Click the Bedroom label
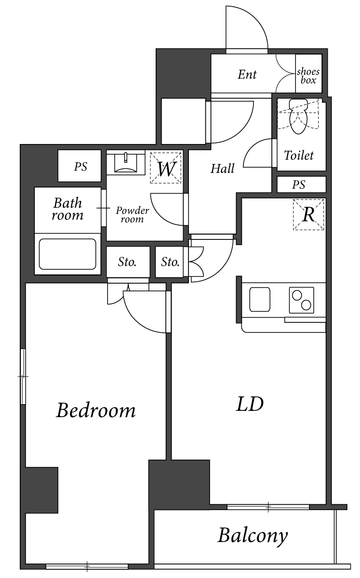coord(96,410)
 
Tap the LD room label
coord(250,404)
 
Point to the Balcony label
coord(253,536)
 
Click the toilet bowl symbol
coord(298,117)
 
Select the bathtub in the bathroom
coord(67,254)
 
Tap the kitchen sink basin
coord(260,300)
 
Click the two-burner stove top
coord(301,300)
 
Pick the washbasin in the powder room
coord(125,163)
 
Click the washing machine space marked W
coord(165,168)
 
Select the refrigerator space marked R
coord(308,214)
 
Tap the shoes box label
coord(308,76)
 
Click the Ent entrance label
coord(247,75)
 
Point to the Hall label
coord(222,169)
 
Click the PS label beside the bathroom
coord(80,167)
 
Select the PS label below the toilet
coord(299,184)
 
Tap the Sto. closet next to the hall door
coord(171,262)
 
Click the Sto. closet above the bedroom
coord(127,262)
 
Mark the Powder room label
coord(132,215)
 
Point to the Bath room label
coord(67,209)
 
